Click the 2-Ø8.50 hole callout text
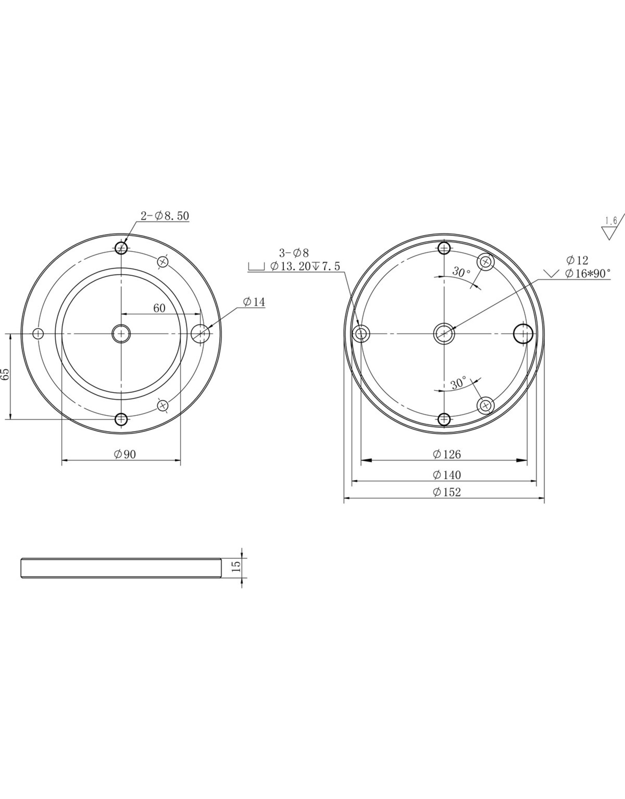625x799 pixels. click(x=165, y=216)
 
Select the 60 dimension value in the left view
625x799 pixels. click(x=159, y=308)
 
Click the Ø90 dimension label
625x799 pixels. click(x=125, y=454)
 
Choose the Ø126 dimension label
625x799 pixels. click(x=447, y=454)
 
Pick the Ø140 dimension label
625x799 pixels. click(x=447, y=475)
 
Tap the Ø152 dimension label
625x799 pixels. click(x=447, y=492)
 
